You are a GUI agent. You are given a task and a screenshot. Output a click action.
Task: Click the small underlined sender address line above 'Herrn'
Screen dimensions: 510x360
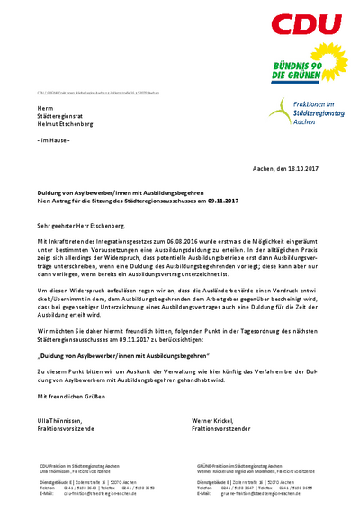click(x=98, y=93)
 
